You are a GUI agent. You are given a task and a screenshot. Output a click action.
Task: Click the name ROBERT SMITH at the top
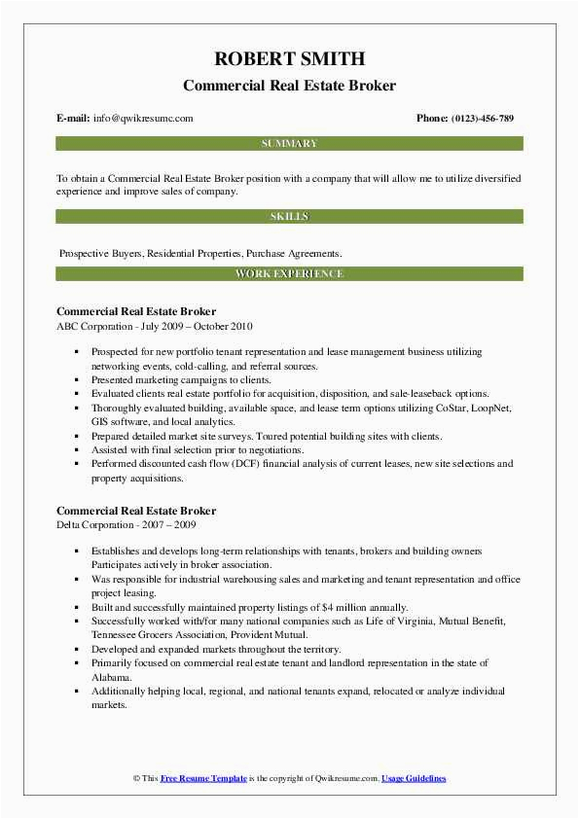[289, 57]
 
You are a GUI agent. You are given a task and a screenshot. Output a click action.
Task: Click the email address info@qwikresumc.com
[143, 119]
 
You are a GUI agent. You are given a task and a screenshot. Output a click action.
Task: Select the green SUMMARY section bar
[289, 144]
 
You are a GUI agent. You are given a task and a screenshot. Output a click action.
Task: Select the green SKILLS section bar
[289, 216]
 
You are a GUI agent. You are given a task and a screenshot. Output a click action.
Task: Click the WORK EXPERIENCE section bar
[289, 274]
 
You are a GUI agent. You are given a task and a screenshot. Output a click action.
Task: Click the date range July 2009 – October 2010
[199, 326]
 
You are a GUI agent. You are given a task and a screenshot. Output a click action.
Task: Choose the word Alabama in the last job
[110, 676]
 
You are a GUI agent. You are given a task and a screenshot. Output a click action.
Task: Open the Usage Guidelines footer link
[414, 779]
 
